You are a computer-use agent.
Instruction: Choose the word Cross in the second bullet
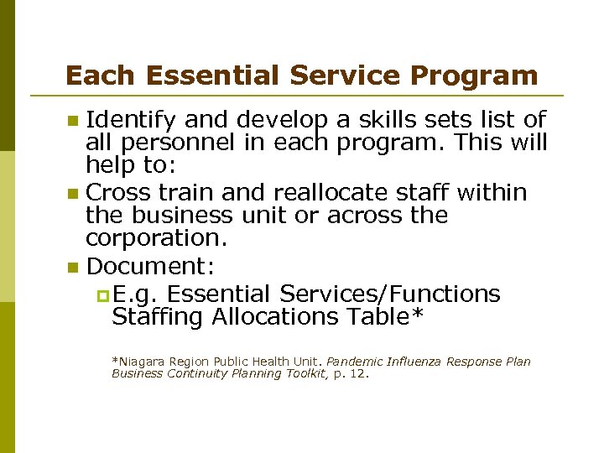(x=119, y=193)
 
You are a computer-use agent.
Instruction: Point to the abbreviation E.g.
(x=133, y=294)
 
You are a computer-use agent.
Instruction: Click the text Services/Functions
(x=390, y=294)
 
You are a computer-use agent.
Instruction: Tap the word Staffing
(x=158, y=317)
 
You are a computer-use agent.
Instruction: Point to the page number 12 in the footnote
(x=358, y=374)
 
